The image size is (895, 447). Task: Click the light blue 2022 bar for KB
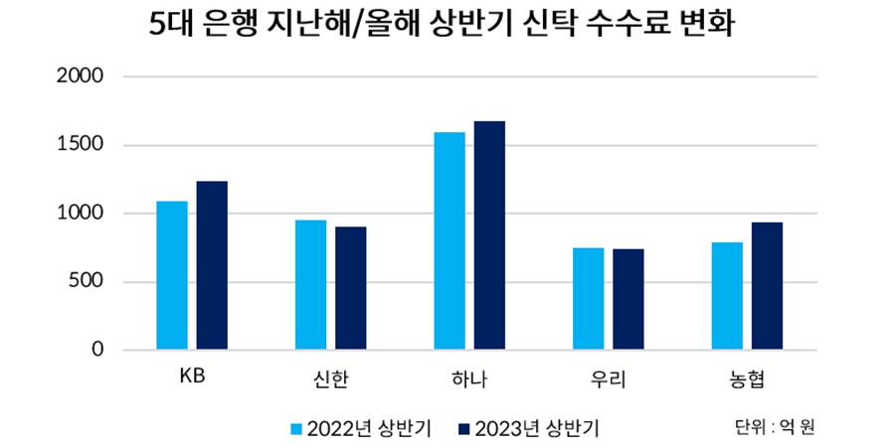tap(172, 275)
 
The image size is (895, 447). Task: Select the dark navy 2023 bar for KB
tap(212, 265)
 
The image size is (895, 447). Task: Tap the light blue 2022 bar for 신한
tap(311, 284)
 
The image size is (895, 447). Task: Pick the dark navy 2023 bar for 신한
tap(350, 288)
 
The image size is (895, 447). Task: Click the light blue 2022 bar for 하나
tap(449, 240)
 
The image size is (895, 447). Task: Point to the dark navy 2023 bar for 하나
tap(489, 235)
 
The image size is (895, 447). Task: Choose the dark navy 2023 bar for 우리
tap(627, 299)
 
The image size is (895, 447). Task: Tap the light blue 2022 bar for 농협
tap(727, 296)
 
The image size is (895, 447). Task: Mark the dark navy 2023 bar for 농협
tap(767, 286)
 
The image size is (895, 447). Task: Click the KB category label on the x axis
tap(192, 377)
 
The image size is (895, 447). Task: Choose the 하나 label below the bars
tap(469, 378)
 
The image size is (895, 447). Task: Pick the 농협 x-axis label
tap(747, 378)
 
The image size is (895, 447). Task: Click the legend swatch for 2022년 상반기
tap(296, 429)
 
